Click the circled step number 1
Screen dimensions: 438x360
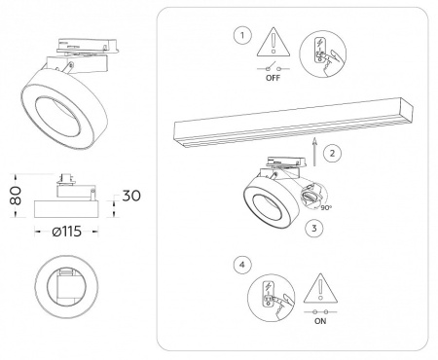242,35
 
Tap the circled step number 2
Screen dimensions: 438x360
332,153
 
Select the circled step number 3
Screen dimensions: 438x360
313,228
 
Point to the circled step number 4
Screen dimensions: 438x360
242,265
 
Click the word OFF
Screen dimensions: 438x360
273,78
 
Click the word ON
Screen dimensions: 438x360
320,321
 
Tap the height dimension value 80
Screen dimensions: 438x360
16,196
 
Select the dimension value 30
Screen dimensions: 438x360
131,196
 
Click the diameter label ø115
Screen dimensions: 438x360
67,232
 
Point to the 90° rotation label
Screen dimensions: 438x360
326,207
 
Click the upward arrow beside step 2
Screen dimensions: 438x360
314,152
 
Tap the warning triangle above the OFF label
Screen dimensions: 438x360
274,42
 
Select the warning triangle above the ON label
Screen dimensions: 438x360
320,288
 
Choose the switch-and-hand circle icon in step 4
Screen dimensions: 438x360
272,298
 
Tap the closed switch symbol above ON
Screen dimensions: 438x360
320,312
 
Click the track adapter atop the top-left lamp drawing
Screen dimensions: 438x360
88,46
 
